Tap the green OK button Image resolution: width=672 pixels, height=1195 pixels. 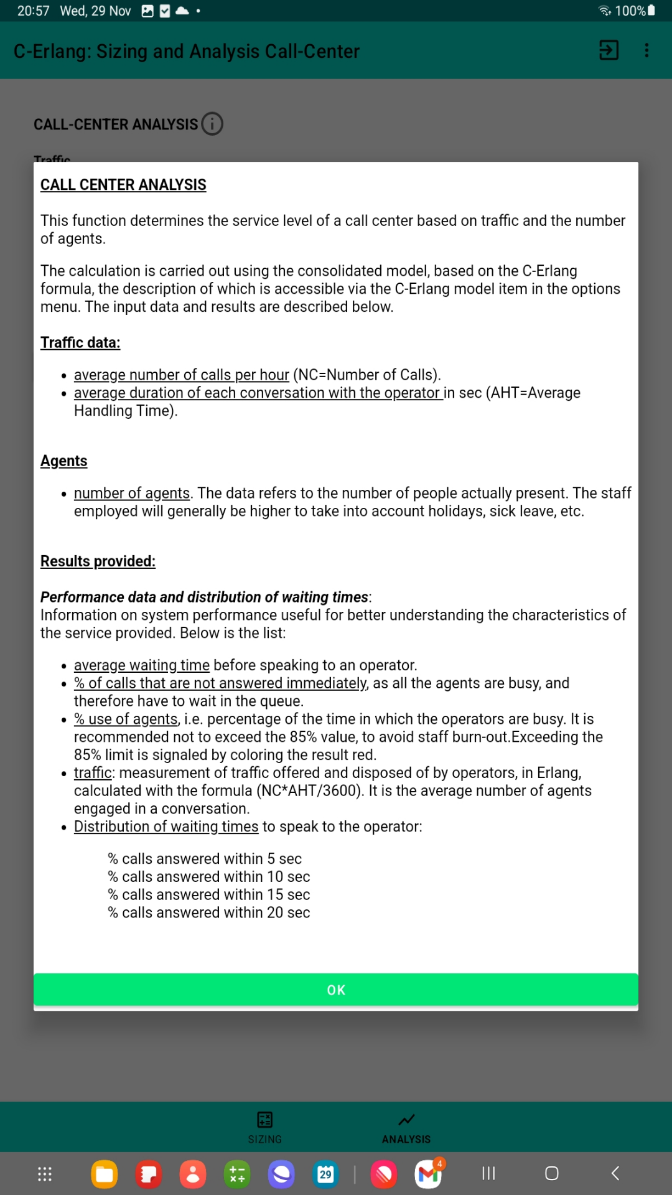[x=336, y=990]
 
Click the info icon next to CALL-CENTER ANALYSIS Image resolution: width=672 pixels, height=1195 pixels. [x=212, y=124]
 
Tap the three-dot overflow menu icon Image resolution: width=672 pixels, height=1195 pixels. [x=646, y=50]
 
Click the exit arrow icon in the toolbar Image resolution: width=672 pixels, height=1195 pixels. [x=608, y=50]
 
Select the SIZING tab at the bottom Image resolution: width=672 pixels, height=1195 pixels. [x=265, y=1127]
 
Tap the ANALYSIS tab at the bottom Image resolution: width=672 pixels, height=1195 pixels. [x=406, y=1127]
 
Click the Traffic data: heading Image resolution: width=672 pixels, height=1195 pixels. [x=80, y=342]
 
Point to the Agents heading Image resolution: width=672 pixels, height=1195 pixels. [x=63, y=461]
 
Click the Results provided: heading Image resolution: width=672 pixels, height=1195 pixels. [x=98, y=561]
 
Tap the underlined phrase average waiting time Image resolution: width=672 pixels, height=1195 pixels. [x=142, y=665]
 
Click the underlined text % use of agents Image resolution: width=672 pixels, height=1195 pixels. [x=126, y=719]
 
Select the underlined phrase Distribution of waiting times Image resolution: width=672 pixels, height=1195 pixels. [x=166, y=827]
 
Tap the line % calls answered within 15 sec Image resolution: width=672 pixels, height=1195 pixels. [x=209, y=894]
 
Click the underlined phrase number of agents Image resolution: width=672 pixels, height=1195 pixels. [x=132, y=493]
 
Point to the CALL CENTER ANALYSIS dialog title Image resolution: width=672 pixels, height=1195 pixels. [x=123, y=185]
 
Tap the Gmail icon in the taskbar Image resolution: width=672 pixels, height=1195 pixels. [x=428, y=1174]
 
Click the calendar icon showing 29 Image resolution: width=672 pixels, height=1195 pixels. [x=325, y=1174]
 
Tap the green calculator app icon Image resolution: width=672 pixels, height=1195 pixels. [x=237, y=1174]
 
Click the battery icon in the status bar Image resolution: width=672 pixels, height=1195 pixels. [x=651, y=11]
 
